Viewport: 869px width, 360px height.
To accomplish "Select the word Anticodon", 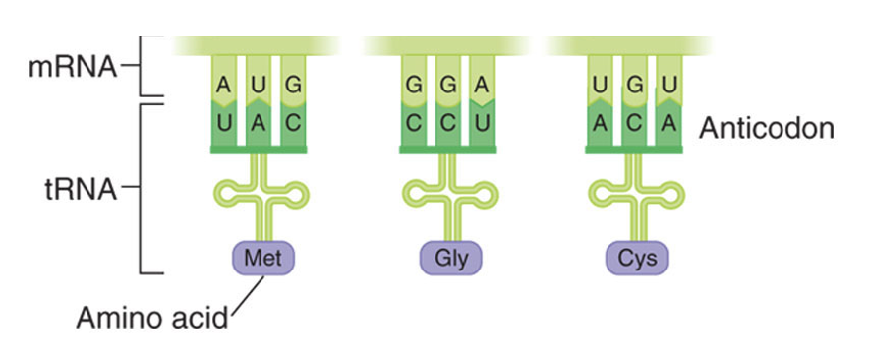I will point(766,128).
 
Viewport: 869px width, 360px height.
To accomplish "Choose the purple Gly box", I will point(449,259).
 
